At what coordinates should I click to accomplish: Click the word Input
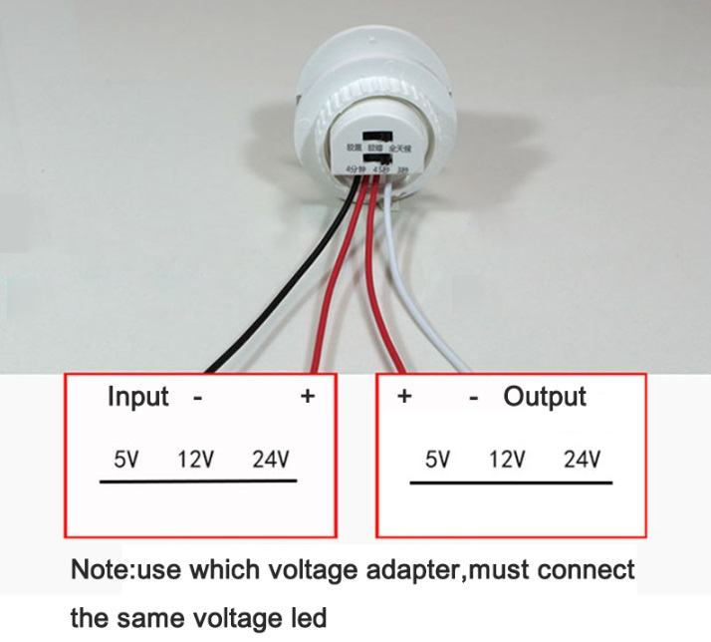click(137, 397)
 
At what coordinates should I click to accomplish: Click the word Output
click(545, 397)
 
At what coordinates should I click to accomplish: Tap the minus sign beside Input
click(198, 398)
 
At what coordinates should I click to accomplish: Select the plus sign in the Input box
click(308, 397)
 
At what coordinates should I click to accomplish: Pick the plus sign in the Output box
click(404, 397)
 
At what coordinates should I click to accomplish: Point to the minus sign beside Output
click(474, 398)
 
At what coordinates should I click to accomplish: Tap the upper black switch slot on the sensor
click(377, 135)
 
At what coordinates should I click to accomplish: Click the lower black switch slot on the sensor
click(378, 159)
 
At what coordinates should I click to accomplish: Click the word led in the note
click(310, 619)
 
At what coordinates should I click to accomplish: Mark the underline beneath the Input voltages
click(198, 481)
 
